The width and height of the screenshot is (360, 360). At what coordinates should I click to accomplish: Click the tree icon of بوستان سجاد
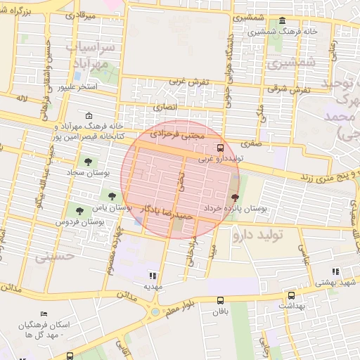tap(87, 162)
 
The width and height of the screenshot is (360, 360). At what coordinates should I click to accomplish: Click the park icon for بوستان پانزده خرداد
tap(234, 198)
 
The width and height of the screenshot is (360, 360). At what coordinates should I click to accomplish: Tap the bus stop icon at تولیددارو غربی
tap(220, 148)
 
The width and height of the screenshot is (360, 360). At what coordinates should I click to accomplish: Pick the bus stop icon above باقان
tap(220, 300)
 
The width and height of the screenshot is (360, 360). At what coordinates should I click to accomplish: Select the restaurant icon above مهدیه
tap(153, 275)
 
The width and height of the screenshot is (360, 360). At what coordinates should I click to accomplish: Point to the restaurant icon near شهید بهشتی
tap(335, 271)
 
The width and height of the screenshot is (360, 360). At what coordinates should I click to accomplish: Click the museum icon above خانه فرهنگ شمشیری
tap(282, 21)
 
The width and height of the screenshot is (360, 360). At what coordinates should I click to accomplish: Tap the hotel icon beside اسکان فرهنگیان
tap(45, 314)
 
